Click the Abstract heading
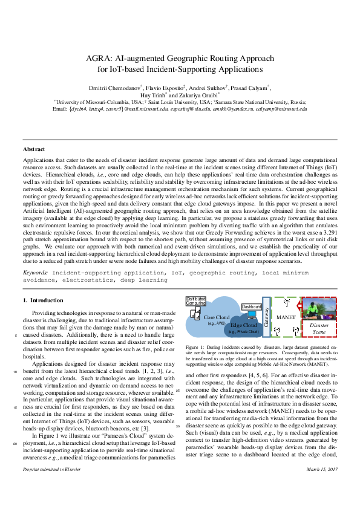34,149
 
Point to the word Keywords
35,273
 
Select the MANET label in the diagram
286,316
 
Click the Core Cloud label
216,317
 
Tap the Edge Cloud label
244,325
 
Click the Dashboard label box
251,307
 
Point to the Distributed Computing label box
195,300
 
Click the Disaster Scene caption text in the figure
318,329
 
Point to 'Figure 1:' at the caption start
196,348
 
